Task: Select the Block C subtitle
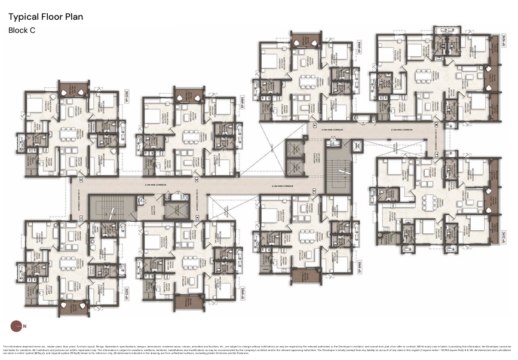[x=22, y=29]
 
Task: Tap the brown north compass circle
[x=16, y=326]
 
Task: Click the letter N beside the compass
[x=24, y=327]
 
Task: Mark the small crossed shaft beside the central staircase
[x=357, y=145]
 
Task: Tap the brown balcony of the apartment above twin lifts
[x=305, y=41]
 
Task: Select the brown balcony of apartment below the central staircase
[x=305, y=276]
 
